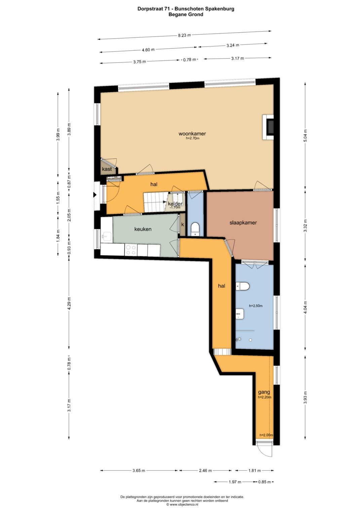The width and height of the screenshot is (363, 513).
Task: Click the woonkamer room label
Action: (192, 133)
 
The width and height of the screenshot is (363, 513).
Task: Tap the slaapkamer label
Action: (243, 223)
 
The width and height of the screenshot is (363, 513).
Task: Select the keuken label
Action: (143, 229)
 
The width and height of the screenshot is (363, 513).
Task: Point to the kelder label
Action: (175, 204)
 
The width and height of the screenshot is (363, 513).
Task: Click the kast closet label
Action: (107, 169)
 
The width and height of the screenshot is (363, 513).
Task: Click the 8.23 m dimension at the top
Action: (185, 35)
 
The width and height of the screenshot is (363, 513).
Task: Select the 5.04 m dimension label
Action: (305, 136)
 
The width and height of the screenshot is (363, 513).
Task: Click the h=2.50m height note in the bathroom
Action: (256, 306)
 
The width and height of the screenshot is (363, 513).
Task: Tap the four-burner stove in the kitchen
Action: (131, 250)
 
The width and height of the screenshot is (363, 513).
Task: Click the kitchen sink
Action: (107, 237)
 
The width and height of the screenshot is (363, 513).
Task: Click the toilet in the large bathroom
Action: (242, 286)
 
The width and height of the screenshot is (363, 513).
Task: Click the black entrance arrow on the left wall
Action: (95, 195)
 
